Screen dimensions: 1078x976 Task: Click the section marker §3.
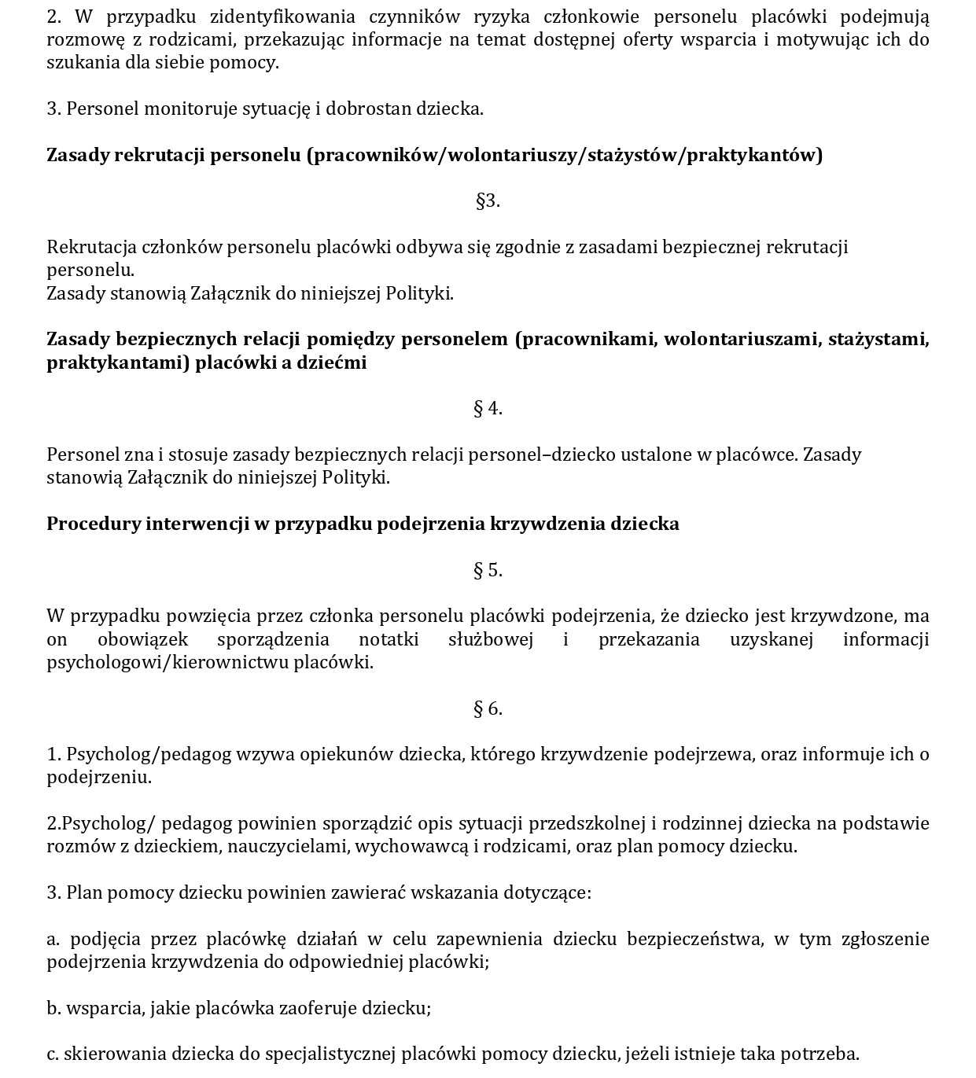pos(488,201)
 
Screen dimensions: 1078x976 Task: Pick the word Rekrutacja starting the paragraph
pos(91,247)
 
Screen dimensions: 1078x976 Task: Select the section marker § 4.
pos(488,408)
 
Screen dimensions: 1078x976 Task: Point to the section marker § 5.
pos(488,570)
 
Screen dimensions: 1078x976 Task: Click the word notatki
pos(389,639)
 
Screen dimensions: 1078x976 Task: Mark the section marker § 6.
pos(488,708)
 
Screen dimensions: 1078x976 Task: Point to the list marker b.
pos(53,1008)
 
